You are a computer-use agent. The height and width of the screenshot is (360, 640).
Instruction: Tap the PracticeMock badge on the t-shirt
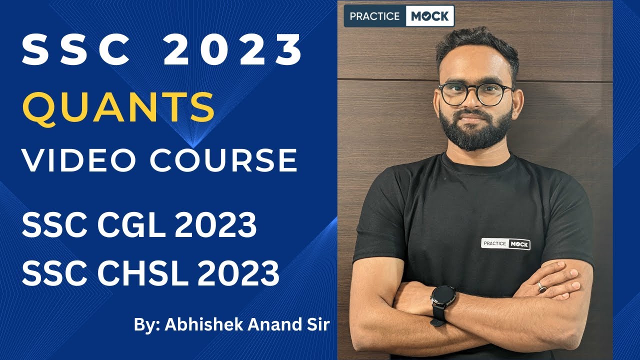[x=505, y=243]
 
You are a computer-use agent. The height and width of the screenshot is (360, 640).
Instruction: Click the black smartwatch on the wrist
[x=443, y=298]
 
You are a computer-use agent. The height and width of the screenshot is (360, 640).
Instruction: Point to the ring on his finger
[x=541, y=286]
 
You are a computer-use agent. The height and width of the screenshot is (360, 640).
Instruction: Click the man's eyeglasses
[x=475, y=93]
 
